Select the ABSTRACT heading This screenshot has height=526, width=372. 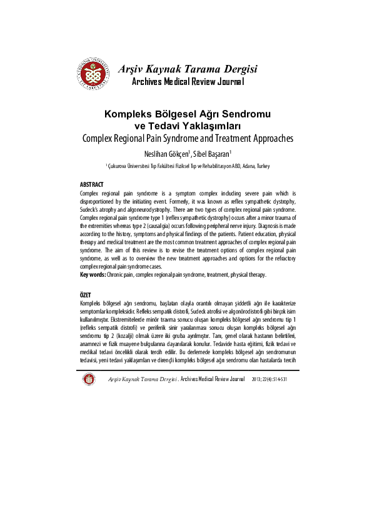(92, 185)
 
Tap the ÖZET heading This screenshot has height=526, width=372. (86, 294)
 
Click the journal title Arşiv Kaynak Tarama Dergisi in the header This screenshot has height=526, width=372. (188, 69)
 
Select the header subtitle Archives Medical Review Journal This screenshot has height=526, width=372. (188, 82)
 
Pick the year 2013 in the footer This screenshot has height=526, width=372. (257, 379)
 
